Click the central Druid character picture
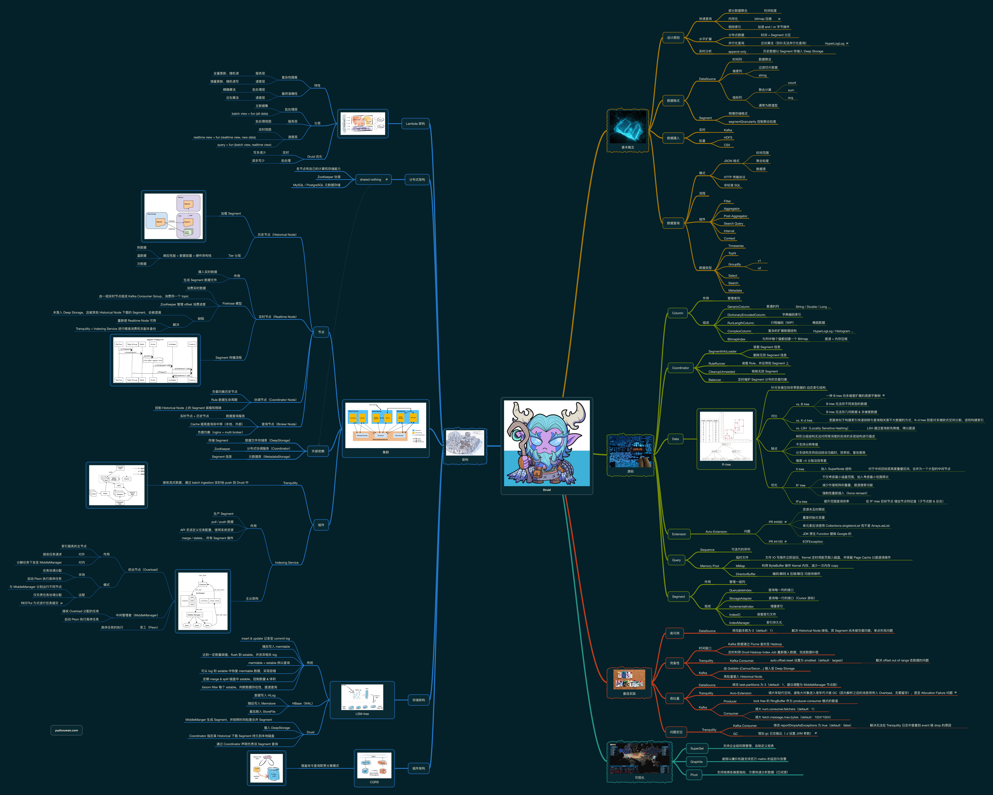click(547, 443)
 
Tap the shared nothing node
click(373, 180)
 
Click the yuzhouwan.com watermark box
click(66, 730)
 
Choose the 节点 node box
click(321, 332)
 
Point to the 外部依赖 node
click(318, 451)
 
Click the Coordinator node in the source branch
click(680, 368)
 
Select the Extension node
click(679, 534)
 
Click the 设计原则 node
click(673, 38)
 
